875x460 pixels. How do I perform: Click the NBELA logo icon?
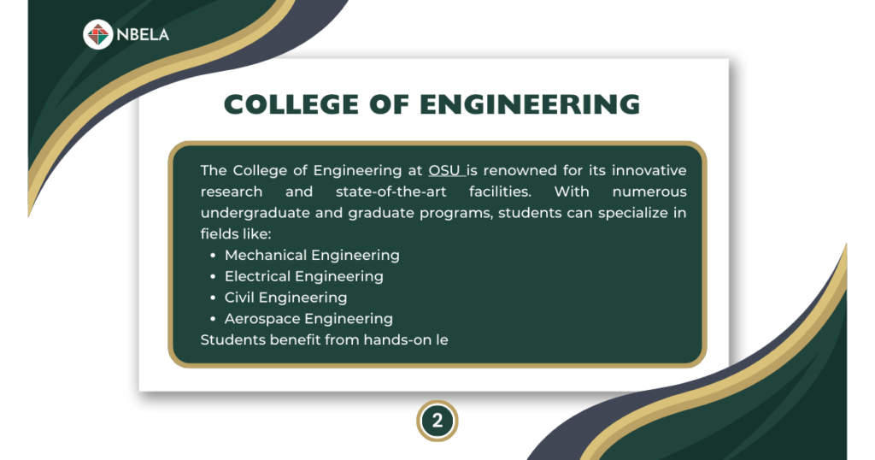pyautogui.click(x=97, y=34)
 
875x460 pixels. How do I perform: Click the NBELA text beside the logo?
pyautogui.click(x=143, y=34)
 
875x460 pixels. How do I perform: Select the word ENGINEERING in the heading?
pyautogui.click(x=530, y=104)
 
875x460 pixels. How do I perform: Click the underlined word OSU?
pyautogui.click(x=444, y=170)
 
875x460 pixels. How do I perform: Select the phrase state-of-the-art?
pyautogui.click(x=391, y=192)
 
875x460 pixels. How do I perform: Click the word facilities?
pyautogui.click(x=500, y=192)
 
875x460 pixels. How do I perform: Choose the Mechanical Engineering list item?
pyautogui.click(x=312, y=256)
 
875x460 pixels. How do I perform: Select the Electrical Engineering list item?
pyautogui.click(x=304, y=276)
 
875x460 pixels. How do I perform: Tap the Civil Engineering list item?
pyautogui.click(x=285, y=298)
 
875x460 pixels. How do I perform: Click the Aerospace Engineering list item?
pyautogui.click(x=308, y=319)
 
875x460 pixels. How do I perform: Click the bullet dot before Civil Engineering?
pyautogui.click(x=213, y=298)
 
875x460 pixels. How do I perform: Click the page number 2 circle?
pyautogui.click(x=437, y=421)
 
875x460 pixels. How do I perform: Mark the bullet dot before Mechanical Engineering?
pyautogui.click(x=213, y=256)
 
